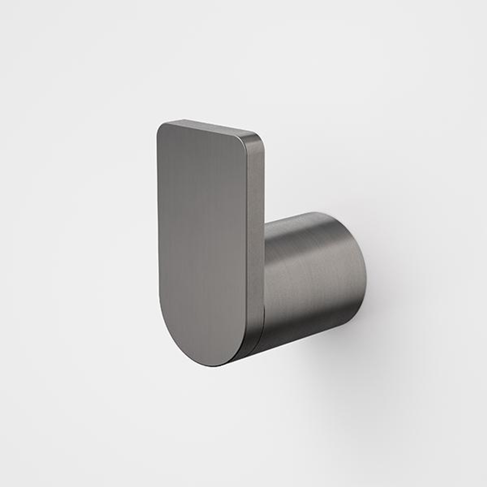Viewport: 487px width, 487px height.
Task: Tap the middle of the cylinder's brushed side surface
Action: pos(311,275)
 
